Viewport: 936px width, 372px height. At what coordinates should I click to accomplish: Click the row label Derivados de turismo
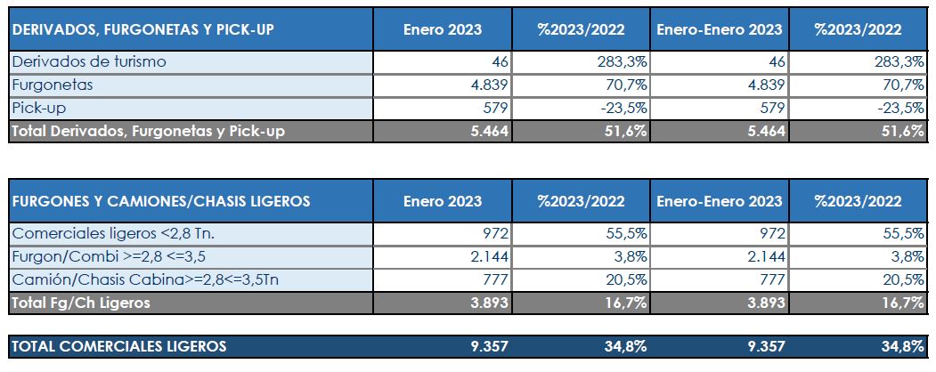89,61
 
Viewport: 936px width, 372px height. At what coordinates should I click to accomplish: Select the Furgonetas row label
53,85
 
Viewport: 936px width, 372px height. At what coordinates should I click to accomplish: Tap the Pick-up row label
41,108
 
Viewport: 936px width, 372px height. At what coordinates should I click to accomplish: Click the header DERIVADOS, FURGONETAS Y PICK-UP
143,29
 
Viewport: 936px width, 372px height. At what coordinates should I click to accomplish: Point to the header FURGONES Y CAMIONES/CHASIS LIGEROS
161,201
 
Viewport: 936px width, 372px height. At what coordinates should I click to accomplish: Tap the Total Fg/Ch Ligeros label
81,303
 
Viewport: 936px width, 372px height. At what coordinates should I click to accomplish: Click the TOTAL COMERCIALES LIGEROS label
119,345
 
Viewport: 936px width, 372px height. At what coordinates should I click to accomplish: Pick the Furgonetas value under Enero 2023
486,85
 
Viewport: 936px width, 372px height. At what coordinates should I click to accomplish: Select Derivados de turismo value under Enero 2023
499,61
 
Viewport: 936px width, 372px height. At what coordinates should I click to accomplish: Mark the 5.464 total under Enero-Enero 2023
764,131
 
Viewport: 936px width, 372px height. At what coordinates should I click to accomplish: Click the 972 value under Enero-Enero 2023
770,233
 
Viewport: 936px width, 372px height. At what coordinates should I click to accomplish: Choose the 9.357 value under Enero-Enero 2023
764,345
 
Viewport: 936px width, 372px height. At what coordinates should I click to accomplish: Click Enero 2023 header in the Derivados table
442,29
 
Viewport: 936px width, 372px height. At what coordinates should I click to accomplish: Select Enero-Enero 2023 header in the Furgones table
720,201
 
